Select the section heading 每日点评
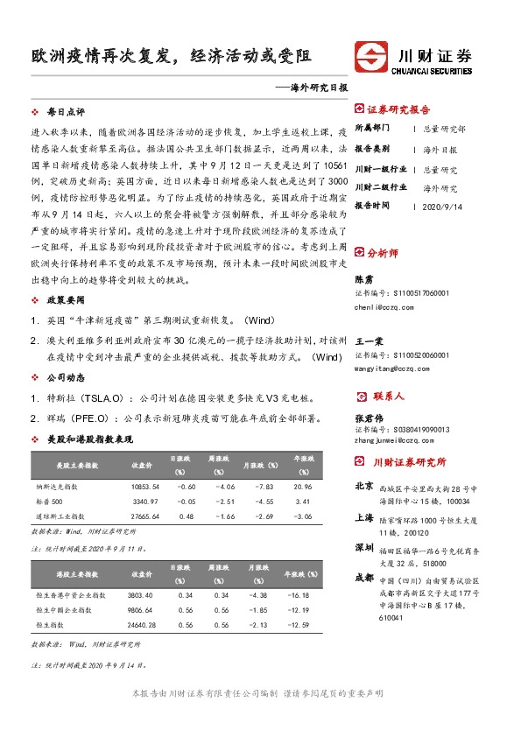[x=65, y=113]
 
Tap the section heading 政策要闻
[x=65, y=300]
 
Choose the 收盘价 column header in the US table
[x=142, y=463]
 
